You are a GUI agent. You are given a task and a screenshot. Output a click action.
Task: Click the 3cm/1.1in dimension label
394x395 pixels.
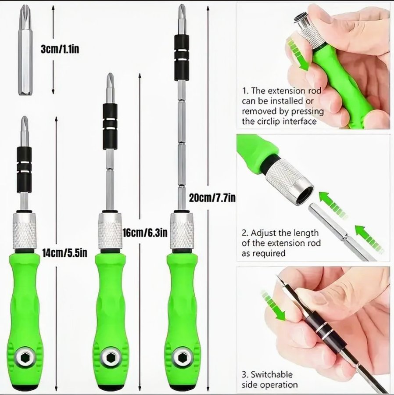[x=60, y=49]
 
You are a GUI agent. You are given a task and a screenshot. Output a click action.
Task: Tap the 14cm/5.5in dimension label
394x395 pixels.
[x=64, y=253]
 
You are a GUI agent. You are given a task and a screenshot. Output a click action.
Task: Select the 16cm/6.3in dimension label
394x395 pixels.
[x=145, y=233]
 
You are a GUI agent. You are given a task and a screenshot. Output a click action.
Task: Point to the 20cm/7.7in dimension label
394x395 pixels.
[x=212, y=198]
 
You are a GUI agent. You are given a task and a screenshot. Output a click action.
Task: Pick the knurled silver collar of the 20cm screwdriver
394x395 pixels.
[x=183, y=230]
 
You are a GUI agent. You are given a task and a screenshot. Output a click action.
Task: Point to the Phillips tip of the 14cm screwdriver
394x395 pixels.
[x=25, y=118]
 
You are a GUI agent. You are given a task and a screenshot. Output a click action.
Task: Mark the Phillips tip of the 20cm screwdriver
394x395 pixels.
[x=181, y=7]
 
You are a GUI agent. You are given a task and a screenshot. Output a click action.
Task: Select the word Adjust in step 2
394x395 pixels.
[x=261, y=233]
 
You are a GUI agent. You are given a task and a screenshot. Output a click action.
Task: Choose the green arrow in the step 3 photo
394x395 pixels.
[x=273, y=305]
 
